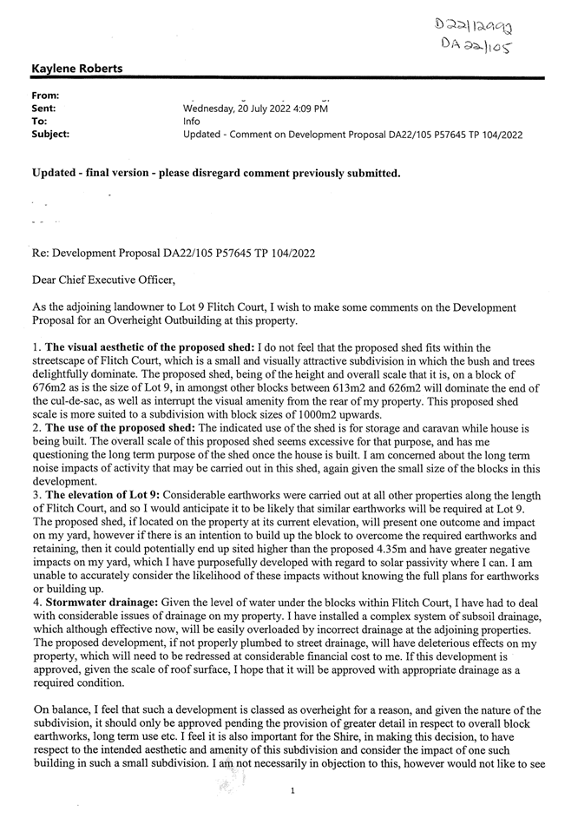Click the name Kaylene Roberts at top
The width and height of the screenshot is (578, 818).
pos(76,69)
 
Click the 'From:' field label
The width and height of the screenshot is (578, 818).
pos(45,96)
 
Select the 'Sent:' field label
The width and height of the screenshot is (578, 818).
pos(43,109)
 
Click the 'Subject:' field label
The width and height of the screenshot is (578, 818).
pos(50,135)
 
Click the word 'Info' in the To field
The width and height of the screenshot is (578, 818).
pos(192,122)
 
